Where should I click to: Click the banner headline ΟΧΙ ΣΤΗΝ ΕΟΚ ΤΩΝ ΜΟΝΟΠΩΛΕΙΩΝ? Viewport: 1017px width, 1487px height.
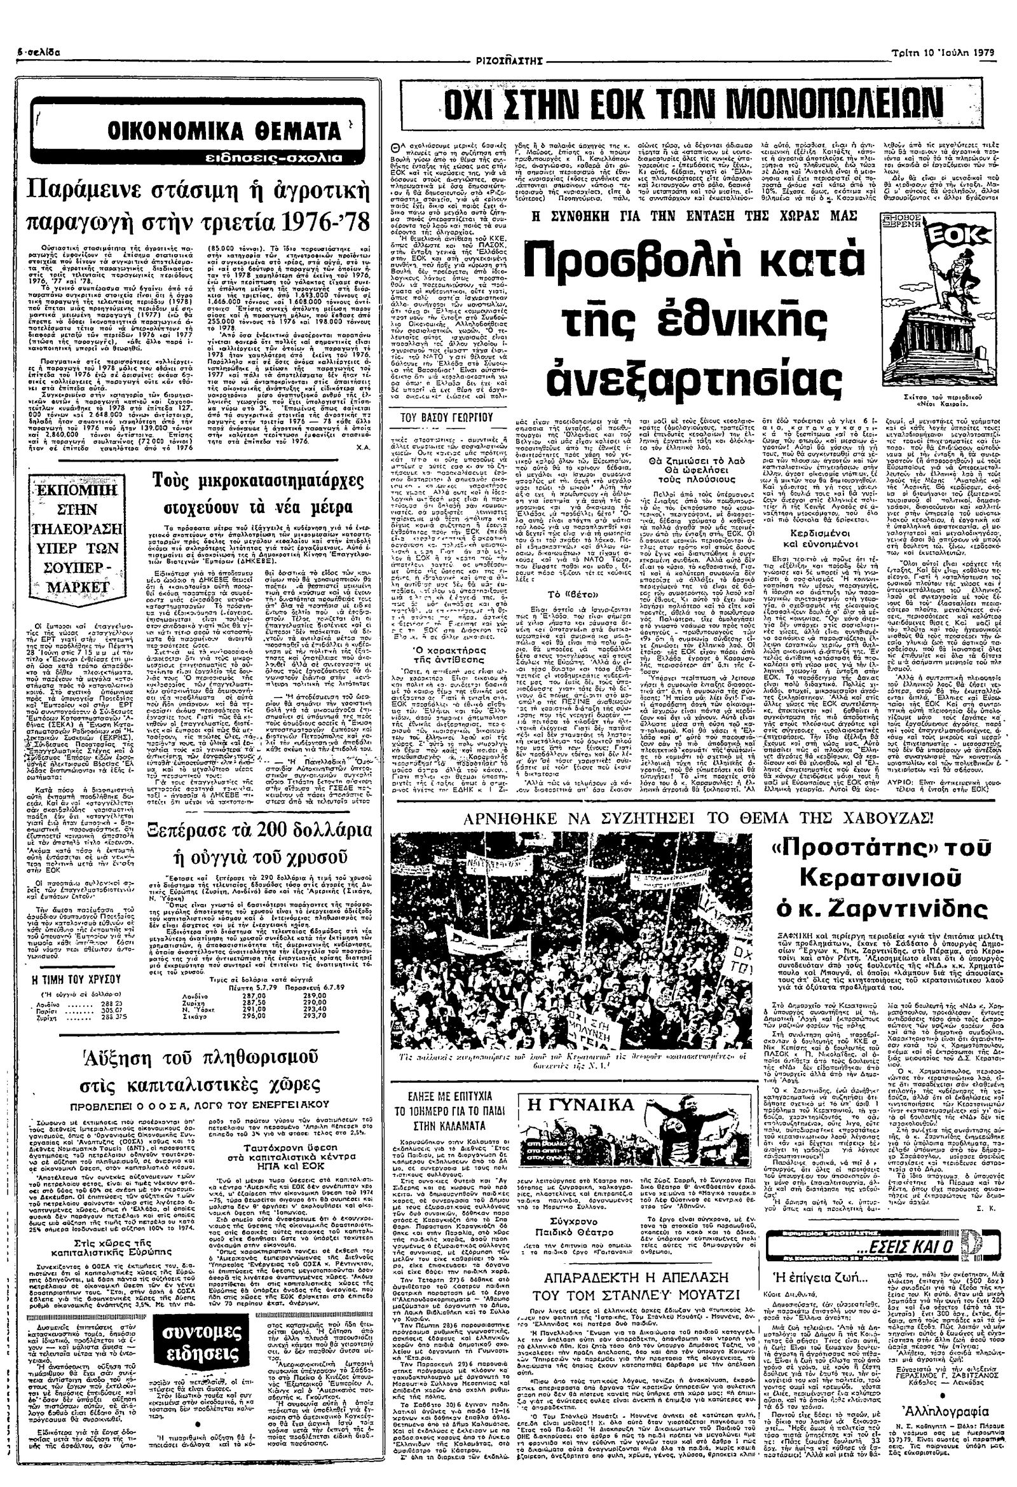pyautogui.click(x=671, y=102)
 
